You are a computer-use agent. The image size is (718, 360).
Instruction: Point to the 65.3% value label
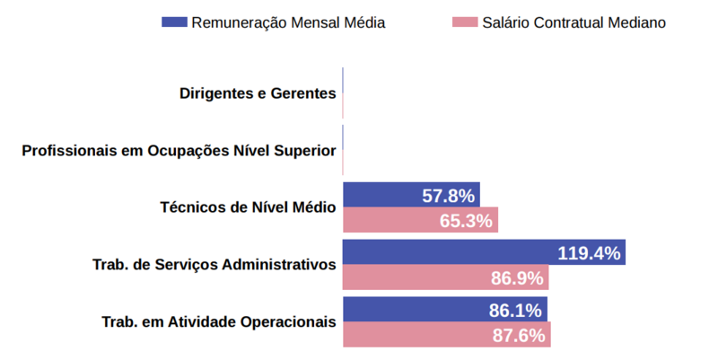click(466, 221)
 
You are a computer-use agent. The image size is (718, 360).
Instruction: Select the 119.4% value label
click(589, 253)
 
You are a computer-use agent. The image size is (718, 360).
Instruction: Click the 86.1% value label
click(515, 311)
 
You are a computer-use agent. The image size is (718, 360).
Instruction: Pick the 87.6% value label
click(519, 336)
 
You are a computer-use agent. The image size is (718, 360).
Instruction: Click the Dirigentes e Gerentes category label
click(258, 93)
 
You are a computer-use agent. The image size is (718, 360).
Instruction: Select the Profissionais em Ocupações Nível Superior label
click(179, 151)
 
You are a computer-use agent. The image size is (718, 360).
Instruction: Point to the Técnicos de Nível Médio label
click(248, 207)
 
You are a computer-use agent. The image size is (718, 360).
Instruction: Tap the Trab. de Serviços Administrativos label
click(215, 265)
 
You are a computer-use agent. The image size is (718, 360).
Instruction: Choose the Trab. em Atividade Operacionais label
click(219, 322)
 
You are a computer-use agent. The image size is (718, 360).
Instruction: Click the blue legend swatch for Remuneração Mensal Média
click(174, 22)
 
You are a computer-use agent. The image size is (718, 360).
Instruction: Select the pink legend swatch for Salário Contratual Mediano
click(467, 22)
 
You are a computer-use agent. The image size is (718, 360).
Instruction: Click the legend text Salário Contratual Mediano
click(574, 22)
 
